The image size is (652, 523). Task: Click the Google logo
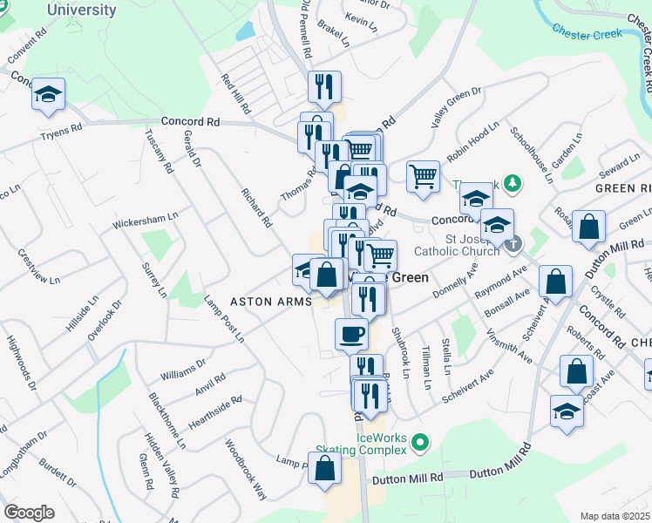point(30,513)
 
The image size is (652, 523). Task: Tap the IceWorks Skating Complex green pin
point(420,443)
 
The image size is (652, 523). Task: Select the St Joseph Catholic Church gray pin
point(513,243)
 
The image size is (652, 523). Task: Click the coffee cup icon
point(352,334)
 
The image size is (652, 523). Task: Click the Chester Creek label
point(587,33)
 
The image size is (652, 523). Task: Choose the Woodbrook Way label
point(246,468)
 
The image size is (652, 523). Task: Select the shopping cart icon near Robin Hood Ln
point(423,175)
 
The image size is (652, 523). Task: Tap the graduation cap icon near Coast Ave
point(567,411)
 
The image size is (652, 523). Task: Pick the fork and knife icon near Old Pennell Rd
point(324,86)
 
